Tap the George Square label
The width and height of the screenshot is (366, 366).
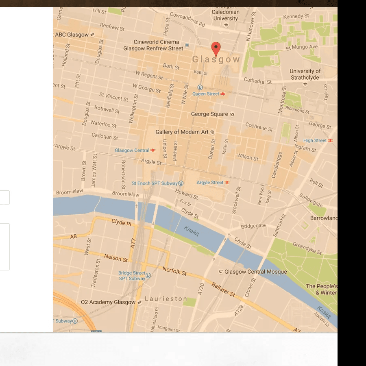click(209, 114)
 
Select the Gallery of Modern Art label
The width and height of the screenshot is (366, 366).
click(182, 132)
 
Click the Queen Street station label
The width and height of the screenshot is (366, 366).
click(206, 94)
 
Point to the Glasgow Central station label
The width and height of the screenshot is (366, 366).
click(132, 150)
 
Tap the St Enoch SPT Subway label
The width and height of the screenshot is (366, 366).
click(155, 183)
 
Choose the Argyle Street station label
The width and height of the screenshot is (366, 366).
click(210, 183)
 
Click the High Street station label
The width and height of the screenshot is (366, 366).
click(315, 141)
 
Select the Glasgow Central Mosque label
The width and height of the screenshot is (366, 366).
click(255, 272)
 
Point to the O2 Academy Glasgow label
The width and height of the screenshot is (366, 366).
click(108, 303)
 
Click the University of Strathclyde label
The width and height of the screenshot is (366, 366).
click(305, 74)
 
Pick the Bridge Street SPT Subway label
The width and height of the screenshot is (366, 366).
click(132, 276)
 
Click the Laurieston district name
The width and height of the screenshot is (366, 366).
click(166, 299)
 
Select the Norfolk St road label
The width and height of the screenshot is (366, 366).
click(174, 271)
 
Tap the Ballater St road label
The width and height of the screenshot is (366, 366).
click(223, 289)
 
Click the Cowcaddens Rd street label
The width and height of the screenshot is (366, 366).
click(187, 19)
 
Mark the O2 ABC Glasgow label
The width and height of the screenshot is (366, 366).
click(72, 35)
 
